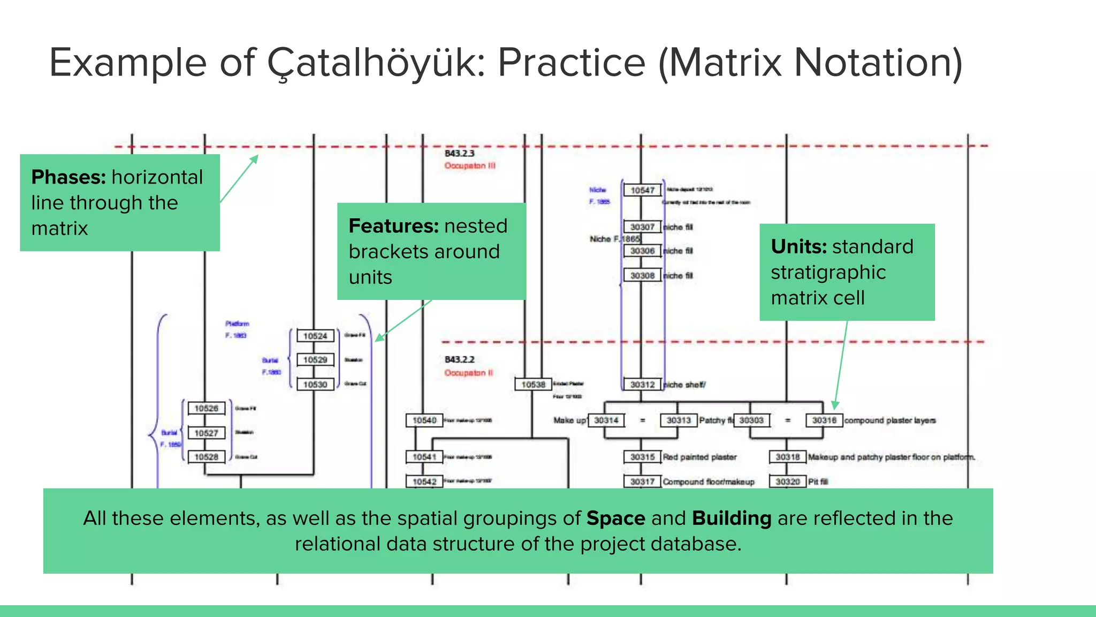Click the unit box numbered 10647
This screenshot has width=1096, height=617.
coord(642,190)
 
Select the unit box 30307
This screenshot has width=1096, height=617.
coord(642,227)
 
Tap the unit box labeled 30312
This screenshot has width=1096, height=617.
coord(642,385)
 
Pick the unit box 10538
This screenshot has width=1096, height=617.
coord(533,385)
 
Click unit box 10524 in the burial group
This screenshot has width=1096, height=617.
coord(315,336)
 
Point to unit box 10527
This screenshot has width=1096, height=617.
coord(206,433)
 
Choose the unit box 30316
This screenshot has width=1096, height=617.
coord(824,420)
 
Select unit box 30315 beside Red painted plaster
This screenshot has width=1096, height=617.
coord(642,457)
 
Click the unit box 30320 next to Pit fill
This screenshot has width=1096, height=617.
coord(788,481)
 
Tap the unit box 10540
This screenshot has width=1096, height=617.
coord(424,420)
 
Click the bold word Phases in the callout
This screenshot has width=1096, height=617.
coord(68,177)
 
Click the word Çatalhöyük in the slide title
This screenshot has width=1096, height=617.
coord(376,63)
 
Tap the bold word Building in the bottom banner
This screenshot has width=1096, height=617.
coord(732,518)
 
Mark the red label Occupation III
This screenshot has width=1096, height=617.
coord(470,166)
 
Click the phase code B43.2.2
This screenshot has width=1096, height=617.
coord(459,359)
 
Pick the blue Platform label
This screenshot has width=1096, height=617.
coord(237,323)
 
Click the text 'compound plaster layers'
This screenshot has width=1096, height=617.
coord(890,420)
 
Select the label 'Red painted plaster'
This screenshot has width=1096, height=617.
coord(699,457)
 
